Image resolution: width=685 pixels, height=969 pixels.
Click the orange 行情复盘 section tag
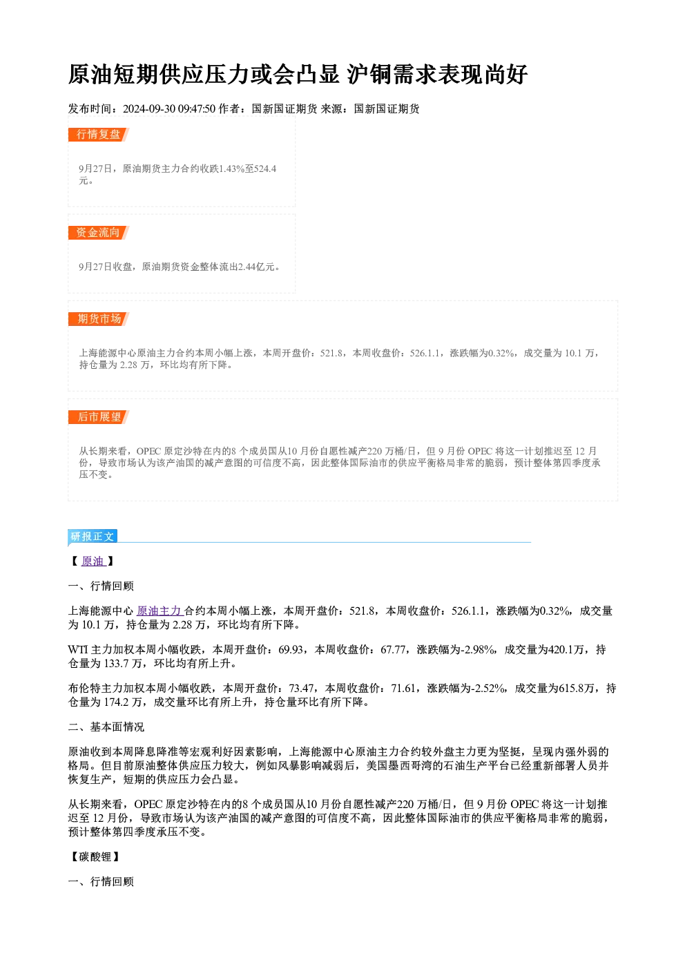tap(98, 135)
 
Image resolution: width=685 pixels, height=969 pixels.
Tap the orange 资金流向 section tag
tap(98, 233)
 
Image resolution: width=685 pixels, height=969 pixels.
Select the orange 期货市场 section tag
tap(98, 319)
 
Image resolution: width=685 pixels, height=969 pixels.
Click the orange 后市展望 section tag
tap(98, 417)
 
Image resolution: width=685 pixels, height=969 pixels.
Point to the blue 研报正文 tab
tap(93, 537)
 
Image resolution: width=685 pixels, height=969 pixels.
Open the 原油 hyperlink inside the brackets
tap(93, 561)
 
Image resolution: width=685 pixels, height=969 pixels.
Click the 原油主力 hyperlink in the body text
tap(159, 611)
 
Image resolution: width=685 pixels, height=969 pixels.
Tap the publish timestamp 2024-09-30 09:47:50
tap(169, 108)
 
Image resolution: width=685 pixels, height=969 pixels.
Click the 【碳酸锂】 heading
tap(95, 856)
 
